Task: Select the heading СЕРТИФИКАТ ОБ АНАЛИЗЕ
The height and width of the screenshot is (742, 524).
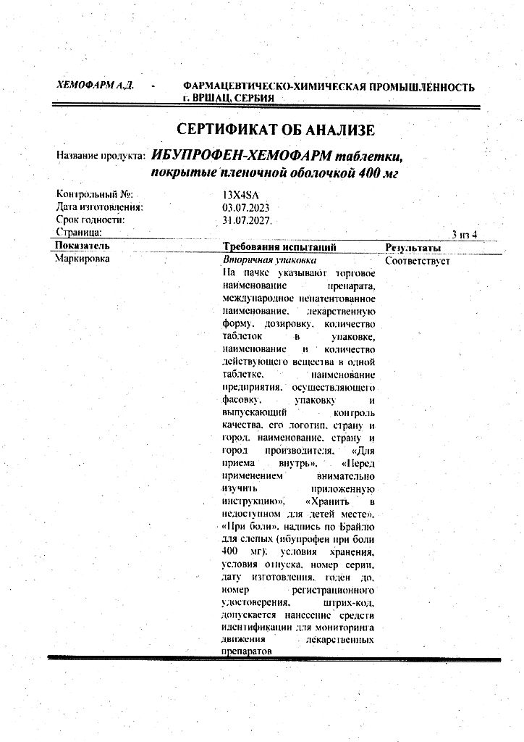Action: pyautogui.click(x=276, y=130)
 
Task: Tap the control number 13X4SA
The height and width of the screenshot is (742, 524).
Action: pyautogui.click(x=241, y=194)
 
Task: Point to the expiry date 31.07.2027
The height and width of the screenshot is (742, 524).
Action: pyautogui.click(x=247, y=220)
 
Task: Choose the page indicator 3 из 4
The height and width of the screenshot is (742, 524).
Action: pyautogui.click(x=464, y=234)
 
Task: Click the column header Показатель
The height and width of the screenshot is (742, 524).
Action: pyautogui.click(x=83, y=246)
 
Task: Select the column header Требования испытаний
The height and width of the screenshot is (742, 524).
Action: pyautogui.click(x=279, y=246)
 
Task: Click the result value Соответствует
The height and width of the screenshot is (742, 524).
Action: pyautogui.click(x=418, y=260)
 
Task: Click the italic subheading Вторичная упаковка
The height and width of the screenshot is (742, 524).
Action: pyautogui.click(x=269, y=259)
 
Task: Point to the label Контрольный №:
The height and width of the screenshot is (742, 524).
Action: pyautogui.click(x=95, y=194)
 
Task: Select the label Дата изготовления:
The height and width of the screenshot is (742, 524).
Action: pyautogui.click(x=99, y=207)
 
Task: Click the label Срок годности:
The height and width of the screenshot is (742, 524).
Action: pyautogui.click(x=90, y=220)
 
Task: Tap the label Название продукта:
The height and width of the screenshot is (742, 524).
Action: pyautogui.click(x=101, y=156)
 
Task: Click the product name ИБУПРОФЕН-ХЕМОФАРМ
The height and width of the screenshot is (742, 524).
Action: pyautogui.click(x=241, y=155)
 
